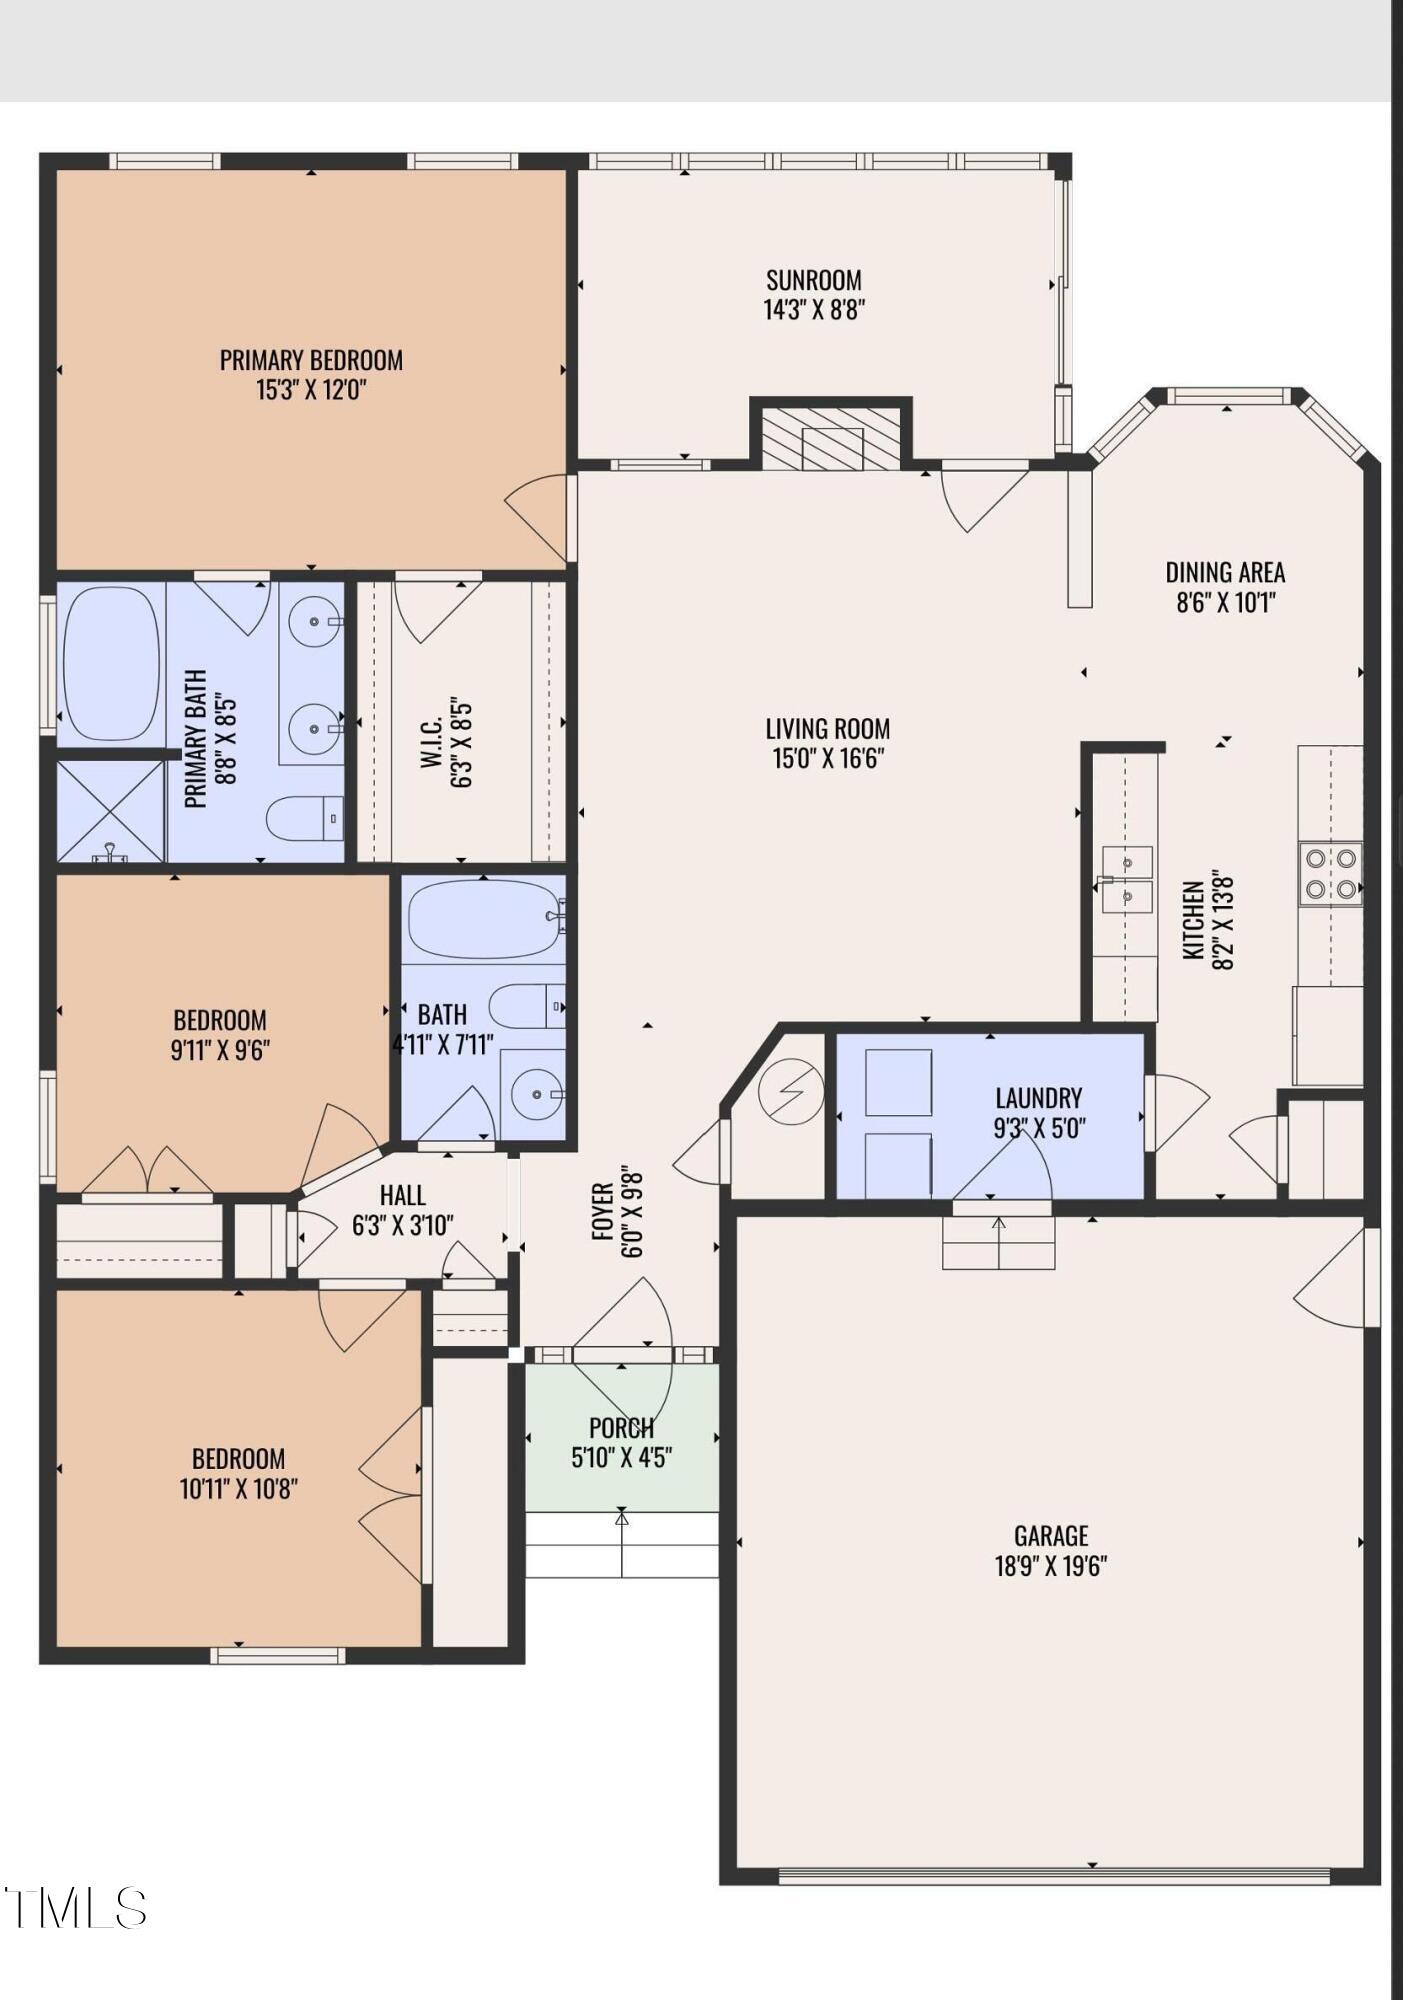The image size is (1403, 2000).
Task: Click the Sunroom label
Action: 813,280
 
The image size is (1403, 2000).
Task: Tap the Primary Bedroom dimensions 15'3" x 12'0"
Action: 311,390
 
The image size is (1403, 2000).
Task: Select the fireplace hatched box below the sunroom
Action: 830,436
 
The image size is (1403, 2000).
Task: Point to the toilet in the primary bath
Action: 304,818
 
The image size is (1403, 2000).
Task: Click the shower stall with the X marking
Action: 110,810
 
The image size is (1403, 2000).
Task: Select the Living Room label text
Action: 827,729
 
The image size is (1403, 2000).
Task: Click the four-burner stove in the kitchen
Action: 1329,873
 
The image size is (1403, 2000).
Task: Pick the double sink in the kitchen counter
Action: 1127,879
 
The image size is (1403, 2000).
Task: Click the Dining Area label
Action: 1224,572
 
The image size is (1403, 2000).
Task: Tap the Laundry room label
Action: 1038,1098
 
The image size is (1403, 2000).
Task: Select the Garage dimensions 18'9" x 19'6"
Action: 1050,1565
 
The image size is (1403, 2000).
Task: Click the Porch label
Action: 621,1428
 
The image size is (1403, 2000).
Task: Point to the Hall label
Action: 402,1195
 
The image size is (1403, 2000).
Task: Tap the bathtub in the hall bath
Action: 482,919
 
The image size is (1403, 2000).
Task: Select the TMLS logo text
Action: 75,1908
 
